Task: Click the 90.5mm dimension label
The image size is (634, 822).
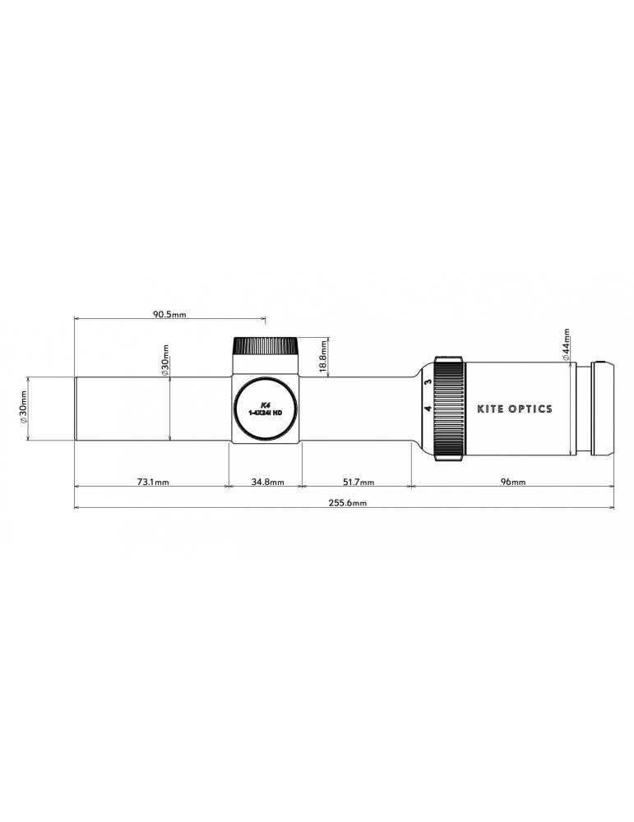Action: [169, 314]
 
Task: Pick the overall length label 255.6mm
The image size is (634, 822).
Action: [349, 502]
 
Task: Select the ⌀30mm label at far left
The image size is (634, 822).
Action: [22, 409]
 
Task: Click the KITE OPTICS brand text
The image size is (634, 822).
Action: [515, 409]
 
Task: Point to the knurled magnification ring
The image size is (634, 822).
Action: [449, 408]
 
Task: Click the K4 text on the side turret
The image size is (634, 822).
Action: [265, 404]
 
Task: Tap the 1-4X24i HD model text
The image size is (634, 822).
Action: [265, 413]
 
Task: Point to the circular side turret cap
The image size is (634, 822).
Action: [265, 409]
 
